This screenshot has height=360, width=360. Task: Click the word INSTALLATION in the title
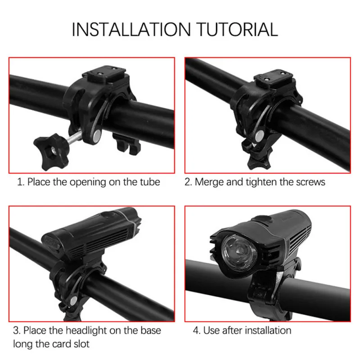131,29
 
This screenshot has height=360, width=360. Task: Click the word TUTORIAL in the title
238,29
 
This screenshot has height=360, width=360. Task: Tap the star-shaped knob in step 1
51,152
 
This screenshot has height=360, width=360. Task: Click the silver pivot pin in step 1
97,135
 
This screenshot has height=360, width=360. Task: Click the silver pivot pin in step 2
260,135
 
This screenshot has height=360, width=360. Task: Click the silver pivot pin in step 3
73,301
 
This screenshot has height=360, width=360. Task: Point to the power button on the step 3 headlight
109,215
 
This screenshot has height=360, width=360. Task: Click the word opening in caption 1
88,182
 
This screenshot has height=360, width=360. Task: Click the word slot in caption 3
81,344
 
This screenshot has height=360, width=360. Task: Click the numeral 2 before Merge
188,182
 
